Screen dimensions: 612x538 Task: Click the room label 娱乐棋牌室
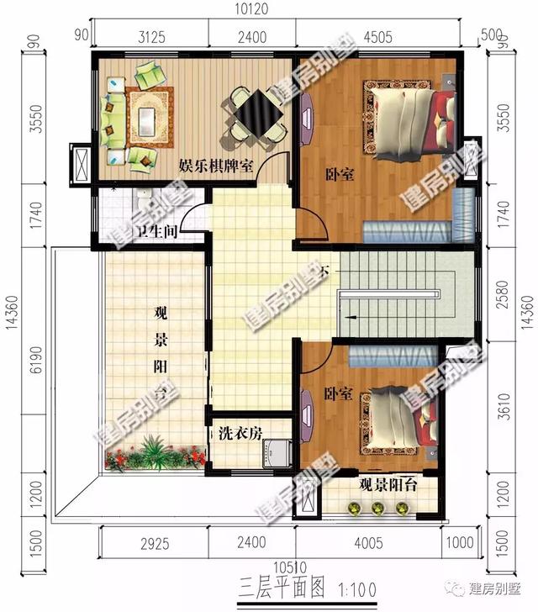216,166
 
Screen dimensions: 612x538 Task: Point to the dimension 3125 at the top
150,35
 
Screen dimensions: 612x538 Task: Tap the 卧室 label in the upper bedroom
339,175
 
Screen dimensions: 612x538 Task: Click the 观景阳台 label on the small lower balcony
386,485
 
